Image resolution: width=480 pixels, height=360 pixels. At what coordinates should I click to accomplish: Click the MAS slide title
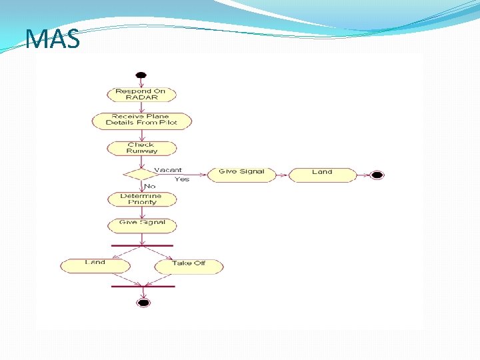click(x=53, y=39)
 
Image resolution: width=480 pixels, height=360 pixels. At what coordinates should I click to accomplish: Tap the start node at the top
click(x=141, y=75)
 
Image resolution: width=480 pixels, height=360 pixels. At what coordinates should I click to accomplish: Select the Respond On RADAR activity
click(x=141, y=94)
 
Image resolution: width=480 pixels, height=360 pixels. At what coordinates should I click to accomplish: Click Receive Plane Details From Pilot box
click(x=141, y=120)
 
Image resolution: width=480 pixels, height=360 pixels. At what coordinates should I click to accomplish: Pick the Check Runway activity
click(x=141, y=148)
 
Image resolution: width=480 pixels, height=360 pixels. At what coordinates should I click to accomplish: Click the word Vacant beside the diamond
click(x=168, y=170)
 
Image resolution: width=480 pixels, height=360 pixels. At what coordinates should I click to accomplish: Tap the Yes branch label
click(x=182, y=179)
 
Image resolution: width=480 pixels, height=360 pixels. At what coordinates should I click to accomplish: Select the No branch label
click(x=150, y=186)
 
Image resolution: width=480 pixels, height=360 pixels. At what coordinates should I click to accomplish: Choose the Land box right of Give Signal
click(x=322, y=173)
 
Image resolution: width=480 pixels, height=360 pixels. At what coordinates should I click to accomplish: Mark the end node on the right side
click(x=377, y=175)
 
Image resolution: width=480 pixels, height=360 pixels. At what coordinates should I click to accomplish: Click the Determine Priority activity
click(x=141, y=199)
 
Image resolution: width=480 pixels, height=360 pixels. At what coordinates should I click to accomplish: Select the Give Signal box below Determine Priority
click(x=142, y=225)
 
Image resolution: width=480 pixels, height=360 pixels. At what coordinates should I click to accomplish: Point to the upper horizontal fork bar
click(x=142, y=245)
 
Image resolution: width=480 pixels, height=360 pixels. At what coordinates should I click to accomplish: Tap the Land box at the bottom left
click(x=95, y=265)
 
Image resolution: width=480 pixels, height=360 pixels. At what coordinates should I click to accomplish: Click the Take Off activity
click(x=189, y=265)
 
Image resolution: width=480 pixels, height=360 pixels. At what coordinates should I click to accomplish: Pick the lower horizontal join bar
click(x=143, y=286)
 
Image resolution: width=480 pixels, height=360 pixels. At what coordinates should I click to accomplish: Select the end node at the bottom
click(x=143, y=303)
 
